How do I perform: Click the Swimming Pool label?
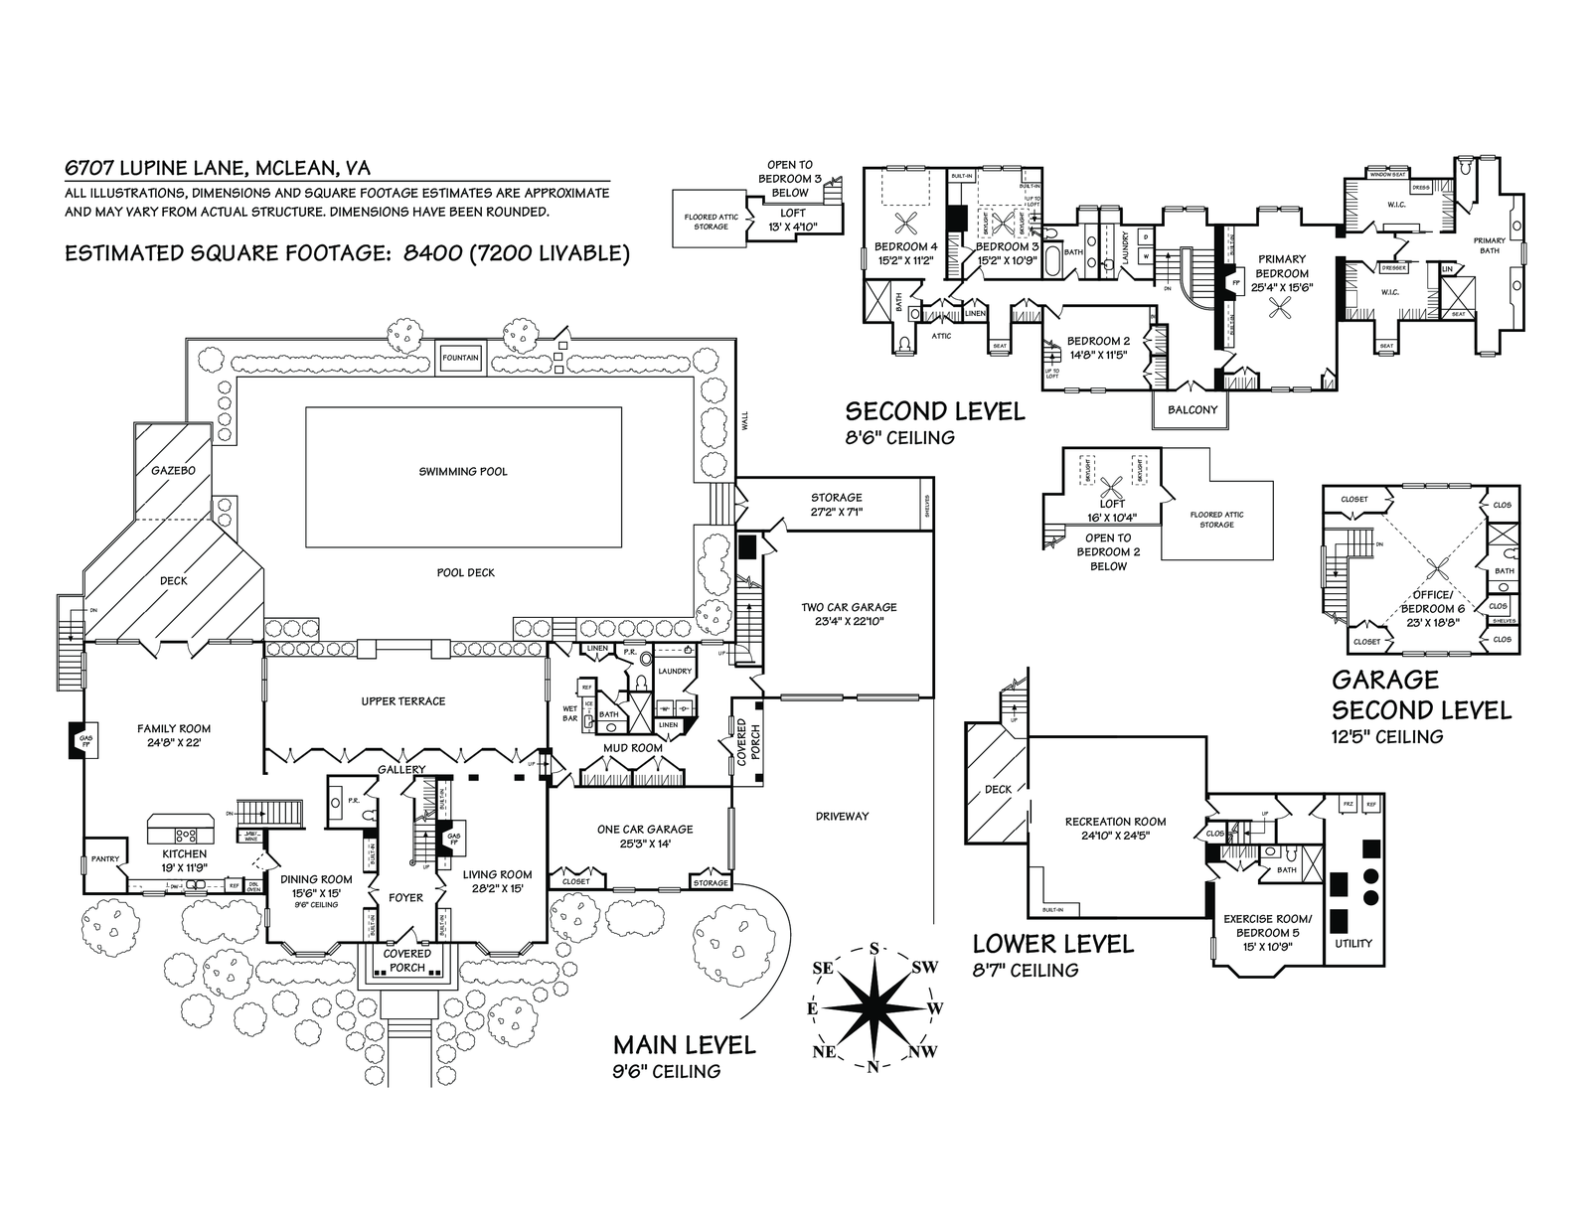[463, 471]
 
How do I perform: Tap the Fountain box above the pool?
[460, 358]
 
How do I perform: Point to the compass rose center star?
[874, 1007]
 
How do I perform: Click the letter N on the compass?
[873, 1068]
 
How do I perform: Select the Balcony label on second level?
[1192, 410]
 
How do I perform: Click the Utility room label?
[1352, 943]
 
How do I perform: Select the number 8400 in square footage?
[431, 254]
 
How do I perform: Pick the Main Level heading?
[684, 1045]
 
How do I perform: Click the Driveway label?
[842, 816]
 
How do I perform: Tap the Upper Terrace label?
[403, 701]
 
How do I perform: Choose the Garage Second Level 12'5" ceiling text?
[1387, 736]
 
